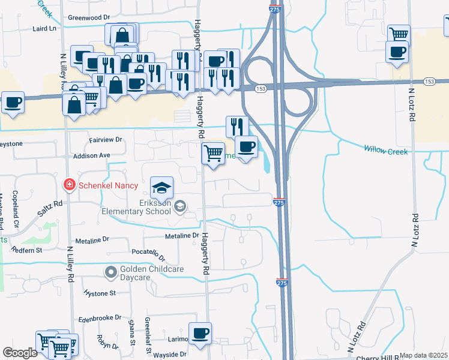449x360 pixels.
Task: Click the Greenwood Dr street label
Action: (x=89, y=17)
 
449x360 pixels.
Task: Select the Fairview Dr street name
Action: (x=105, y=139)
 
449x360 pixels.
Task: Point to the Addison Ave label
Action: (x=92, y=155)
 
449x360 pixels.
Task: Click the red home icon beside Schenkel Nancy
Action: (x=70, y=184)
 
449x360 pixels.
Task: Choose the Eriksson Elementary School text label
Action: (x=136, y=207)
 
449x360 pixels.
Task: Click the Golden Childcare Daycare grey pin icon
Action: (x=110, y=272)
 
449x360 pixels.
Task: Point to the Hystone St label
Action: (x=100, y=293)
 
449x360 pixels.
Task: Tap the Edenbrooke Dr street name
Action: (x=100, y=317)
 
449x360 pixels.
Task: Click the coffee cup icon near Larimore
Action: (x=200, y=334)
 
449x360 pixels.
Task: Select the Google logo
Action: (x=20, y=353)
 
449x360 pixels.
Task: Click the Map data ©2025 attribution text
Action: (x=423, y=355)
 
